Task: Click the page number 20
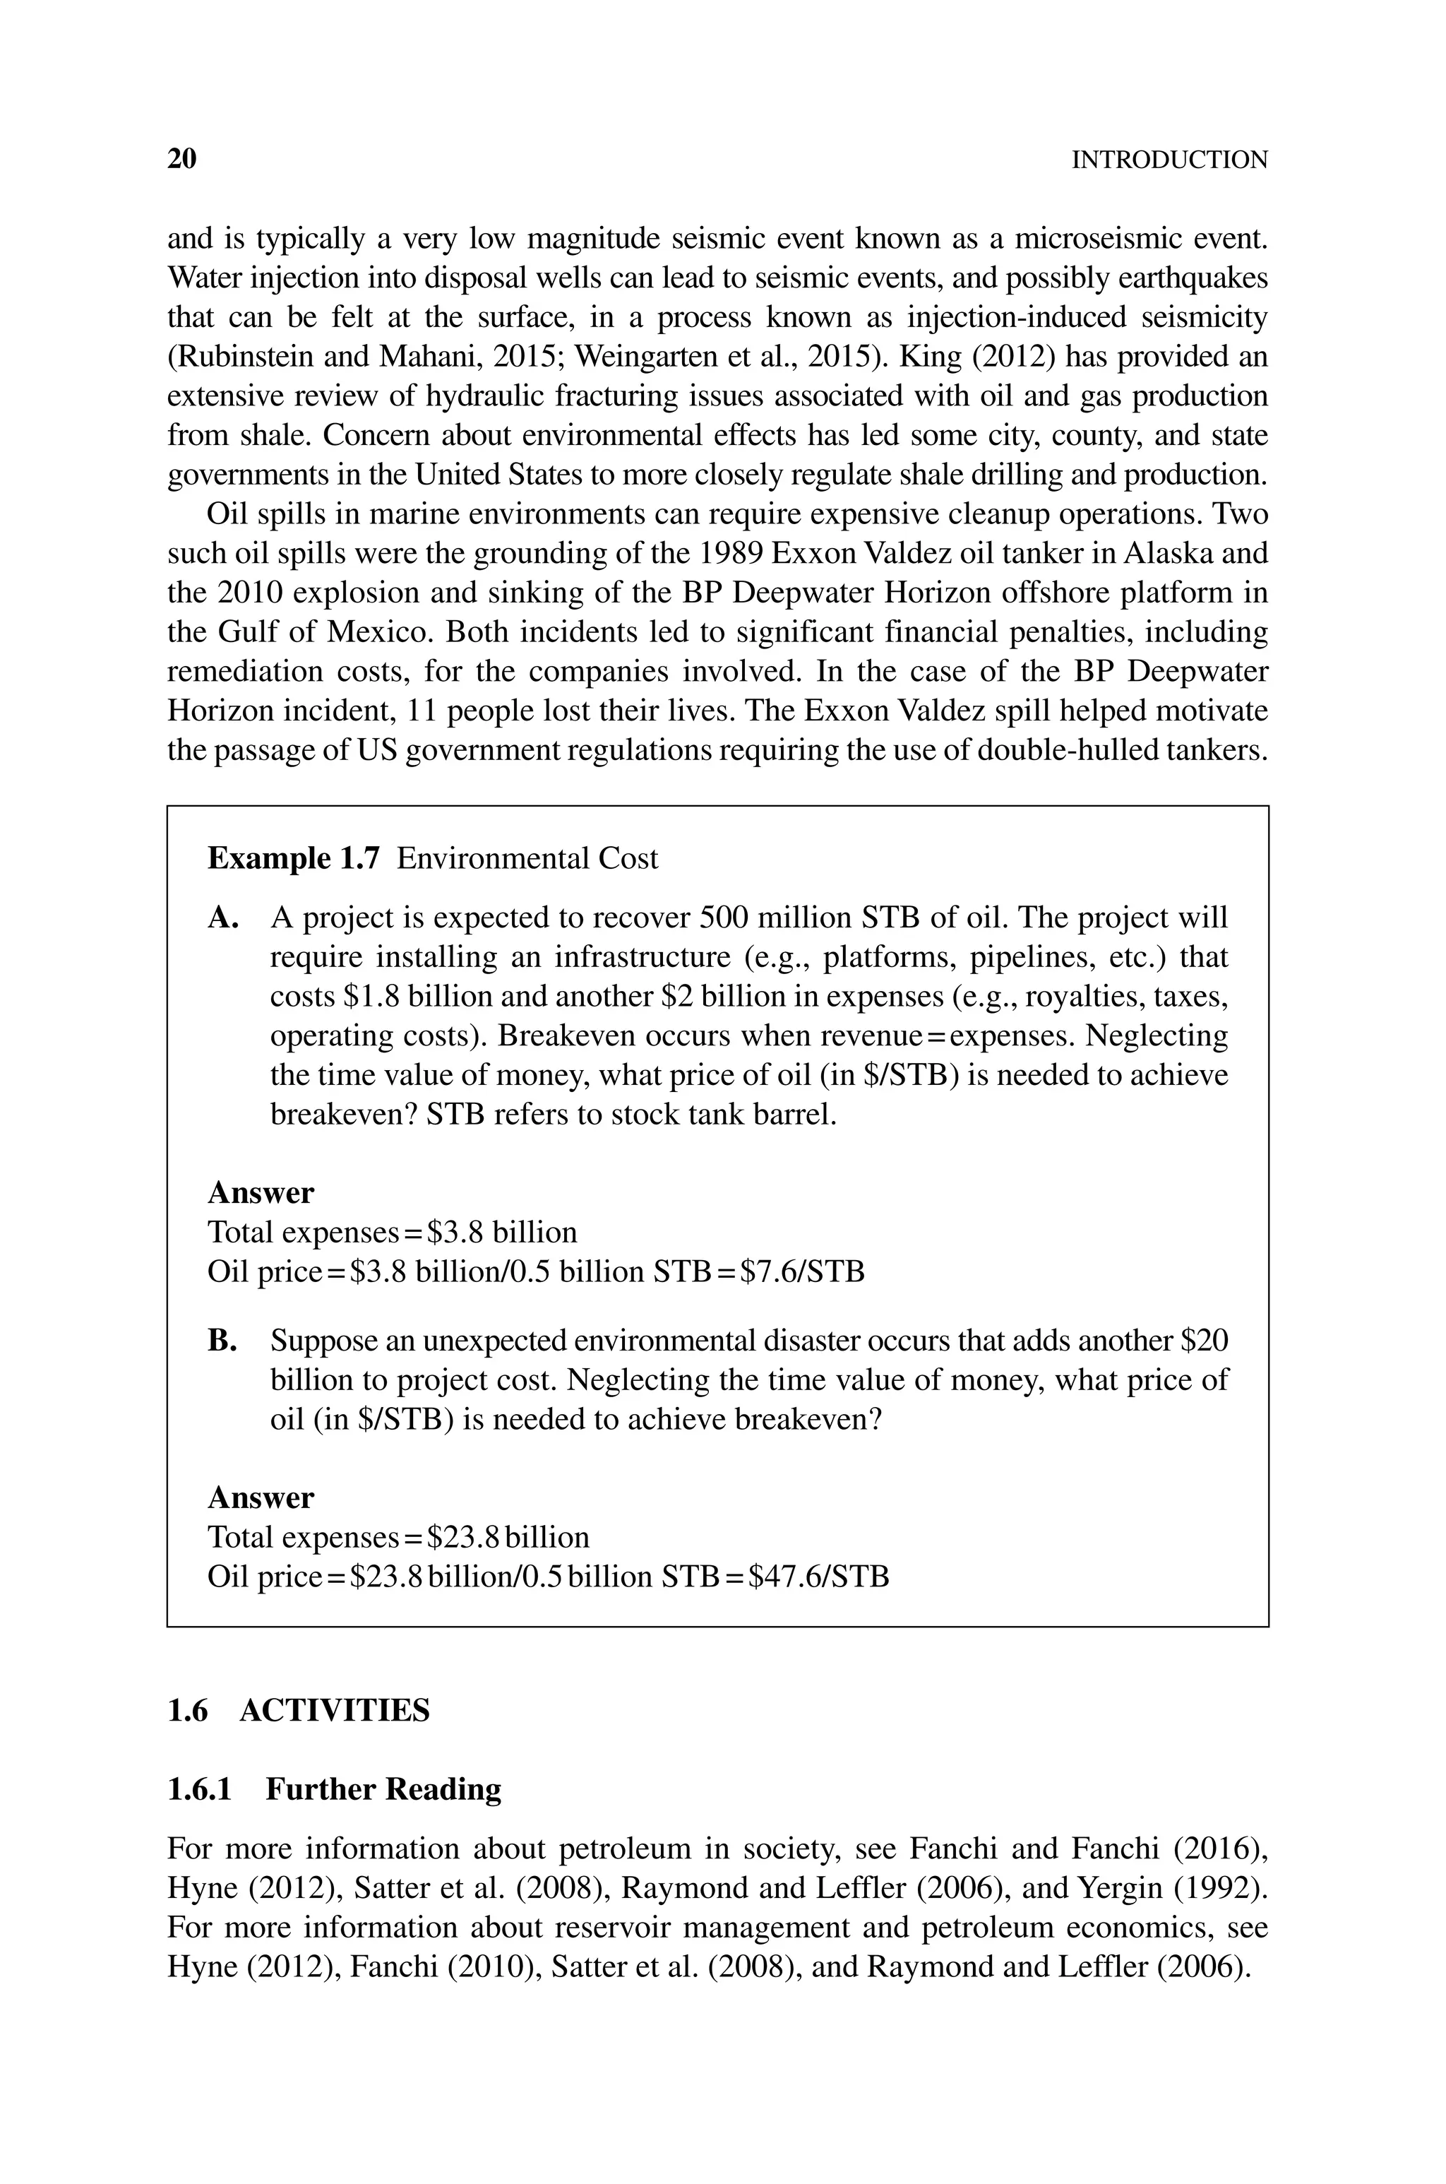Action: (181, 160)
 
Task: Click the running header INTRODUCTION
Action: (1169, 160)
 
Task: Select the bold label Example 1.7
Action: (293, 859)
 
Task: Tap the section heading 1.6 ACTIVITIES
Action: (298, 1710)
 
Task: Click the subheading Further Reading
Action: (383, 1788)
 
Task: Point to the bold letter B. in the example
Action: (223, 1340)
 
